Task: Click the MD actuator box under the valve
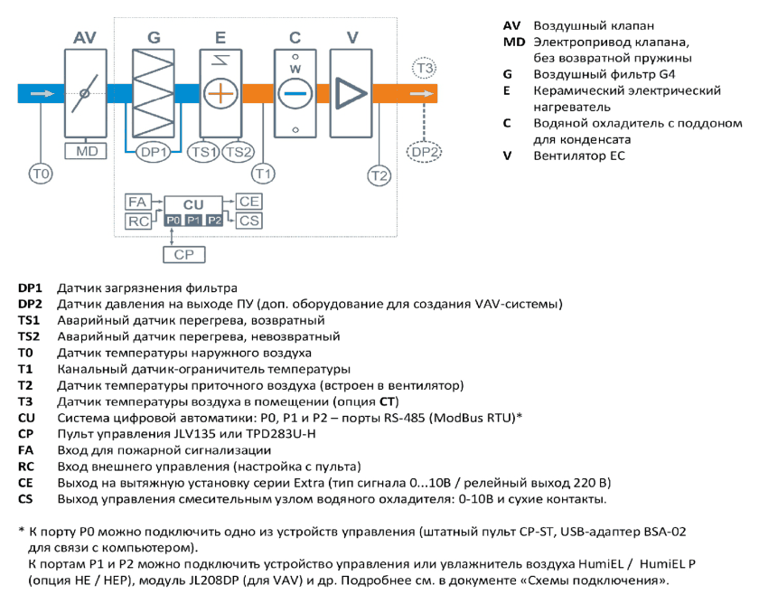[86, 151]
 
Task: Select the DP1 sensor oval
[153, 152]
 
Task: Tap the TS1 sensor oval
[203, 152]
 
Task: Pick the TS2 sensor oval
[238, 152]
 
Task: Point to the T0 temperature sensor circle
[41, 174]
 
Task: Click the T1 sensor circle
[263, 174]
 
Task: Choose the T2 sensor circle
[379, 175]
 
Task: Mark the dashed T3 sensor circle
[424, 69]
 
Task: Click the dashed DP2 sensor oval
[424, 152]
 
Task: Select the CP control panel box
[184, 254]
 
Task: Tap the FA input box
[138, 202]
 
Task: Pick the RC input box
[138, 221]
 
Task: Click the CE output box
[248, 201]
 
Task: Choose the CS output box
[248, 221]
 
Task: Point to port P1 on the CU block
[193, 221]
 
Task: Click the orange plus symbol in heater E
[220, 93]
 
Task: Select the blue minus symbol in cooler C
[295, 93]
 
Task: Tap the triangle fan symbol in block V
[350, 93]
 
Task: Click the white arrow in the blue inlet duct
[42, 93]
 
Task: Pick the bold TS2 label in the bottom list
[29, 336]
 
